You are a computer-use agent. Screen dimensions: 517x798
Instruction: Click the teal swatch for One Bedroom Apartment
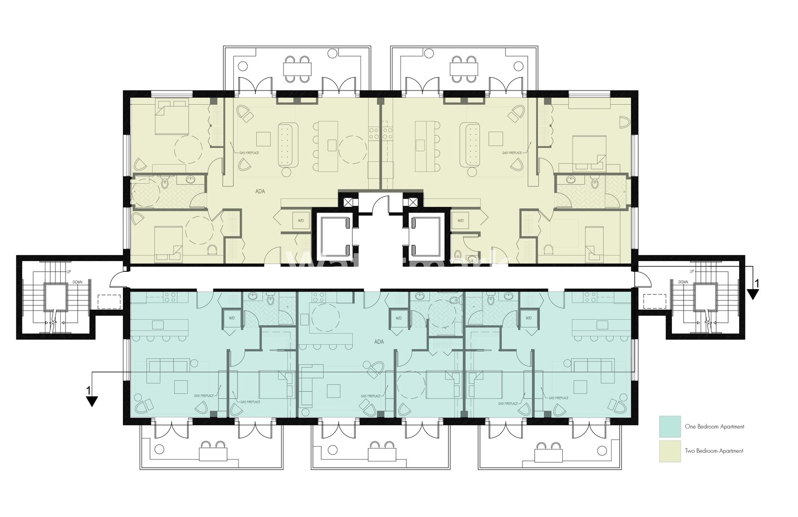click(x=670, y=426)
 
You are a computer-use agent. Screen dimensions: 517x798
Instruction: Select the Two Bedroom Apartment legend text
click(x=714, y=451)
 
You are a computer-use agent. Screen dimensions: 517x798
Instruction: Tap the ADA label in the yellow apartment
click(x=260, y=191)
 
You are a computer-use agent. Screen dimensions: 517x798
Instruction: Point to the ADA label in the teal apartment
click(x=379, y=342)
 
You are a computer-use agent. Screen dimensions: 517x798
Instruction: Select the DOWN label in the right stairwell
click(x=683, y=282)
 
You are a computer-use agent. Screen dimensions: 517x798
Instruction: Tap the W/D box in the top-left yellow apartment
click(x=301, y=221)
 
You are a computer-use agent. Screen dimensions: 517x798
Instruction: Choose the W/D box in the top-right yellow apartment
click(x=460, y=221)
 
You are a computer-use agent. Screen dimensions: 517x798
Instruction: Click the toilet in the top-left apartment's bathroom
click(x=165, y=183)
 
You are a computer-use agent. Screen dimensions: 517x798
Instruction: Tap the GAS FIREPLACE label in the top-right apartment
click(x=512, y=153)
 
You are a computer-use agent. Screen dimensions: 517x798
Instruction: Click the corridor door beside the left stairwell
click(x=119, y=279)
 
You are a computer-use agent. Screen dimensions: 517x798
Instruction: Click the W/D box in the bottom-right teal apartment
click(x=528, y=318)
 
